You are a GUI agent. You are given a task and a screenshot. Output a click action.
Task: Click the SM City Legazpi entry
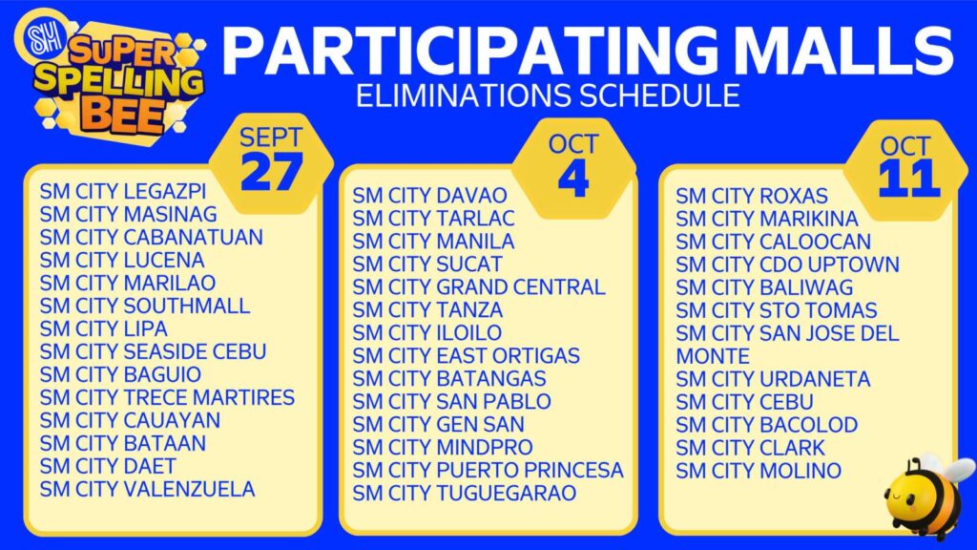point(123,191)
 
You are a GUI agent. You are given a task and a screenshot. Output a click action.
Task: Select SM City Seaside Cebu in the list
point(154,351)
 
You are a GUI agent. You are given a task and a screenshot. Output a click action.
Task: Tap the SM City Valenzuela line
point(148,489)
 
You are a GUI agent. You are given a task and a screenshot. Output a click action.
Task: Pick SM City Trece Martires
point(167,397)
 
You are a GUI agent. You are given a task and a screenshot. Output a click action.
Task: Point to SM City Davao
point(430,196)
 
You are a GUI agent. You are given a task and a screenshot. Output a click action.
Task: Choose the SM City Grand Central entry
point(479,287)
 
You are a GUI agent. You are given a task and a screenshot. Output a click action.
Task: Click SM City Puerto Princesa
point(488,470)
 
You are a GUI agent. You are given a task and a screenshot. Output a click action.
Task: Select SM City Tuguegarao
point(465,494)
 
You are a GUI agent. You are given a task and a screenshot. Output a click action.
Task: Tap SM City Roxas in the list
point(752,197)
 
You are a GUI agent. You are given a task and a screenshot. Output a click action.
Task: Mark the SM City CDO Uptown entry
point(787,265)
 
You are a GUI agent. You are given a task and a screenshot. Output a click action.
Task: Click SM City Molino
point(759,471)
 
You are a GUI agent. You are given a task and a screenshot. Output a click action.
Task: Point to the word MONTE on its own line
point(713,357)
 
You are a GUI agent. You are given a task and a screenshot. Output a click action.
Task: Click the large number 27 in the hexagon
point(272,172)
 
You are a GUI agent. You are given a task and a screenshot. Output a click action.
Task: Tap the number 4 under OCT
point(573,179)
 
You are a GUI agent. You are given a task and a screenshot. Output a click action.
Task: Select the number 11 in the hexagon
point(908,179)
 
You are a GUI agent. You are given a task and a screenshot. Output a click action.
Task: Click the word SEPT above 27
point(271,137)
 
